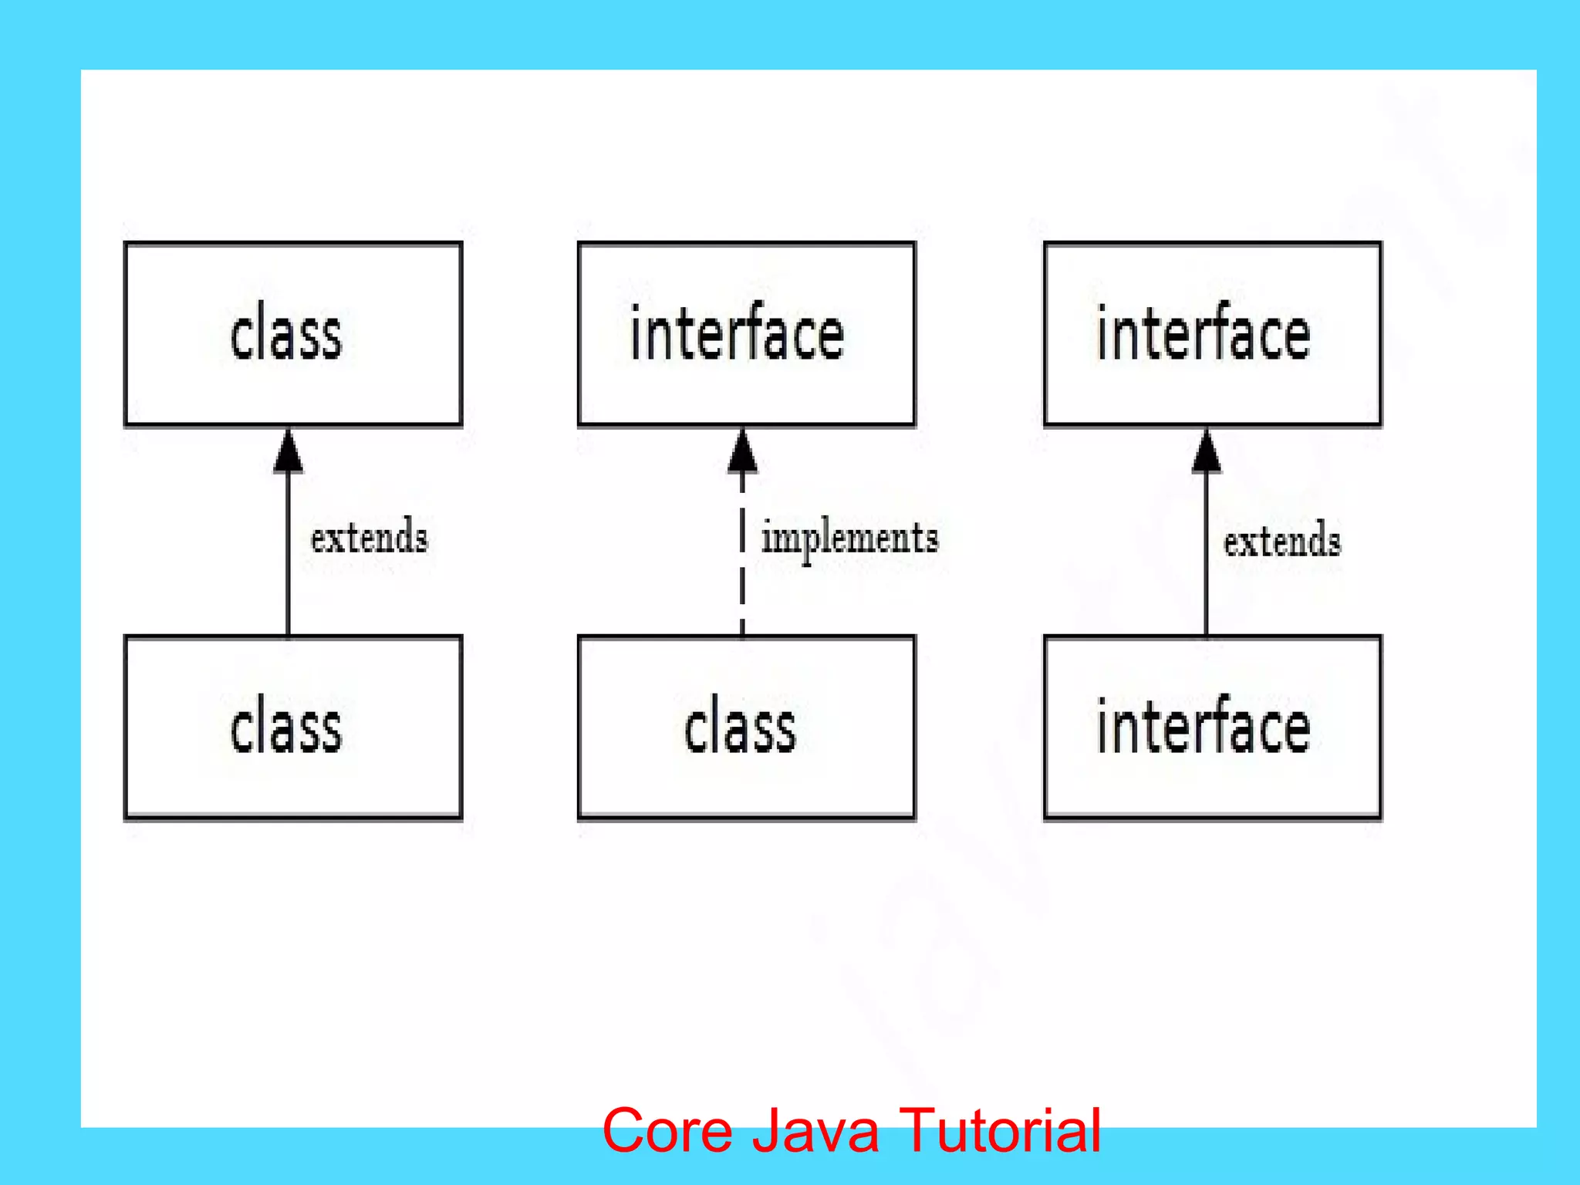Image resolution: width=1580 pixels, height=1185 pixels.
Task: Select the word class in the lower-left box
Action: (x=285, y=729)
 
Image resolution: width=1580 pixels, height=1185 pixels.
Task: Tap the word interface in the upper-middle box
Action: (x=737, y=333)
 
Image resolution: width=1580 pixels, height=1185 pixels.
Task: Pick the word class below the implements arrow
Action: (x=739, y=729)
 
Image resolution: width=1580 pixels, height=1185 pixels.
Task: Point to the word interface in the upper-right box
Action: (x=1204, y=333)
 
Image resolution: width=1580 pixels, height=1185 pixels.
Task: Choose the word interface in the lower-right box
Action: (x=1204, y=728)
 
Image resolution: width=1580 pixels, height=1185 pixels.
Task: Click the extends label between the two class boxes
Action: (x=369, y=537)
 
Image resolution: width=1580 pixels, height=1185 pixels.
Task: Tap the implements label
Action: (x=849, y=538)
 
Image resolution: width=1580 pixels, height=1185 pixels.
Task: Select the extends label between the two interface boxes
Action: (x=1281, y=540)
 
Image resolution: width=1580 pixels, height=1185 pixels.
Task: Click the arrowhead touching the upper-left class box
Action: (x=289, y=454)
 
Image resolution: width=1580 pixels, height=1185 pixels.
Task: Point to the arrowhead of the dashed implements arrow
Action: (x=742, y=454)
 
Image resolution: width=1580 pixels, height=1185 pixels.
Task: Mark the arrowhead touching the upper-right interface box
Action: (x=1207, y=454)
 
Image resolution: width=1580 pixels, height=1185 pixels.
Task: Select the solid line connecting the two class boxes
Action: (x=289, y=555)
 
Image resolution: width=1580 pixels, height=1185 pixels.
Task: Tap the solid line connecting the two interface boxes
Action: (x=1207, y=555)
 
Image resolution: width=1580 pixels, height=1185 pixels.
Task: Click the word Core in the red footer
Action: (x=667, y=1131)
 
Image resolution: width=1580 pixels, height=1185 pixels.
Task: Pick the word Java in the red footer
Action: (x=816, y=1131)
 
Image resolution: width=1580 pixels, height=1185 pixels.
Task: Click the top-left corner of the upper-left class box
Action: (x=126, y=244)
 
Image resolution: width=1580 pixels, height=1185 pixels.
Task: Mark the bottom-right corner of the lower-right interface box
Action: (x=1380, y=817)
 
